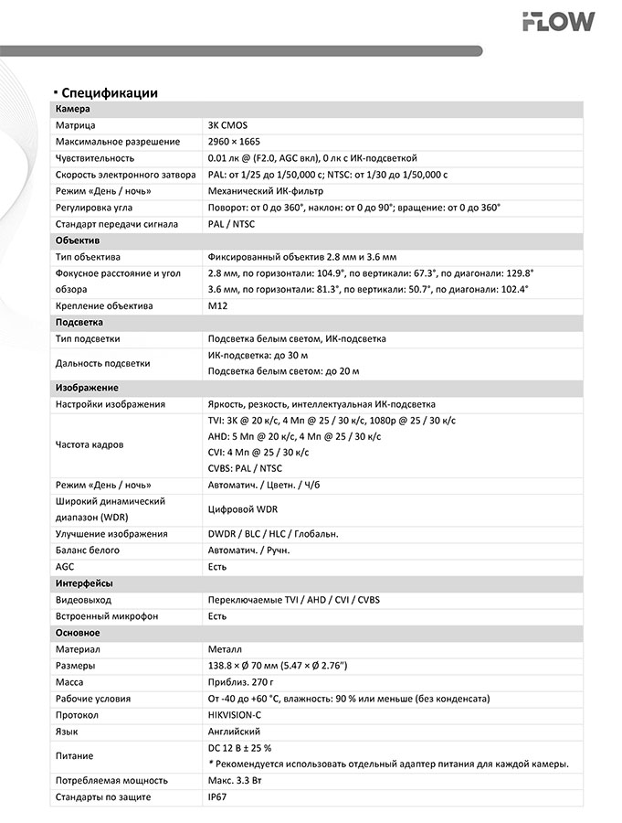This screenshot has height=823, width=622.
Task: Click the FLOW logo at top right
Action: (x=558, y=21)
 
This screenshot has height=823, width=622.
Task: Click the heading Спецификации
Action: (x=110, y=92)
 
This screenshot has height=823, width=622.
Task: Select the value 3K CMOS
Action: (x=227, y=125)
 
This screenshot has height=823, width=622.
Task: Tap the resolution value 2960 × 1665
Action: (x=234, y=142)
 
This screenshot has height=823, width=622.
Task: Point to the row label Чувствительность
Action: (x=95, y=158)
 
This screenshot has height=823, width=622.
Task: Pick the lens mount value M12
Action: (x=217, y=306)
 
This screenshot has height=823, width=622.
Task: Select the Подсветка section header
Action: (x=79, y=323)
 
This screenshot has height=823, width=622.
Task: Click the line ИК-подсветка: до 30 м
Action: (x=258, y=355)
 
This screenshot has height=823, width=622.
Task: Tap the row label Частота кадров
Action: (x=90, y=445)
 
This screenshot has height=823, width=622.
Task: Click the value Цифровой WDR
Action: (x=242, y=508)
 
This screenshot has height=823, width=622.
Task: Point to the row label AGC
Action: (x=65, y=567)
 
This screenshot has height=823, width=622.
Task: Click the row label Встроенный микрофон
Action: (x=107, y=616)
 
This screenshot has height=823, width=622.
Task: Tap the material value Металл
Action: (x=227, y=649)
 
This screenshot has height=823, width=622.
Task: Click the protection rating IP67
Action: (x=218, y=797)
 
